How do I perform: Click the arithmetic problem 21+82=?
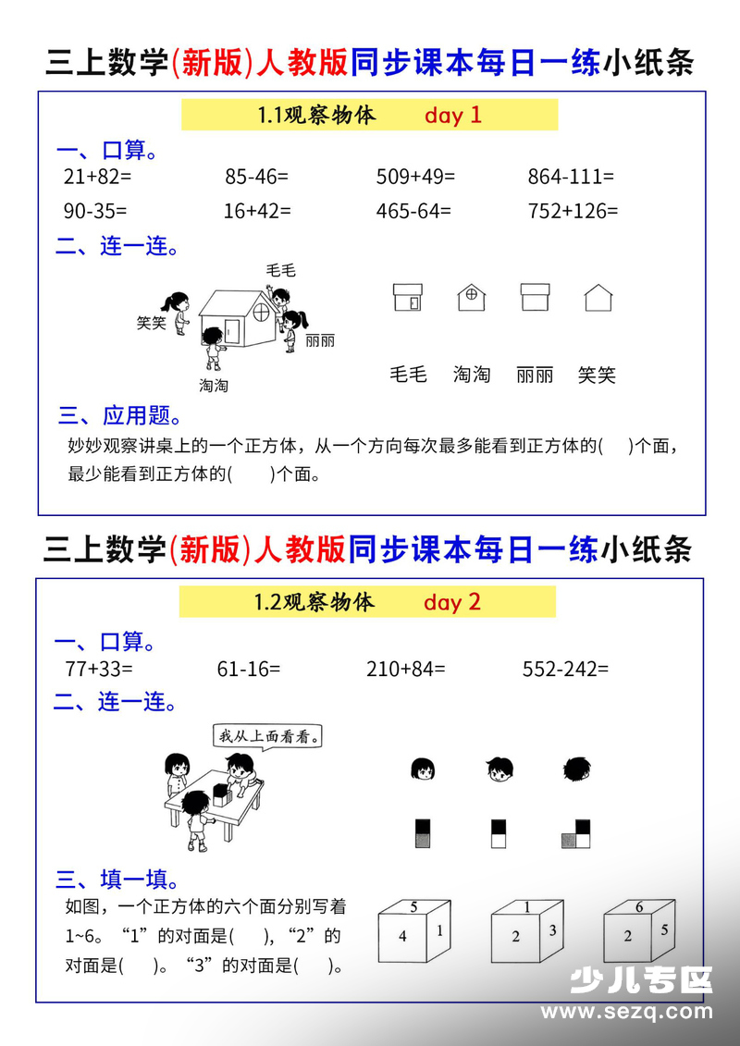pyautogui.click(x=98, y=176)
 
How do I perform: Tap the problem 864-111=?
pyautogui.click(x=571, y=176)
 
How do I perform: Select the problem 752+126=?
pyautogui.click(x=573, y=211)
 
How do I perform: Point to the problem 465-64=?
pyautogui.click(x=413, y=211)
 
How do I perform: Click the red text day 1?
pyautogui.click(x=453, y=116)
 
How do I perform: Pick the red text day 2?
pyautogui.click(x=452, y=602)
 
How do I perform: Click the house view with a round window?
pyautogui.click(x=471, y=297)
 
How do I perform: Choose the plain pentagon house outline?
pyautogui.click(x=598, y=297)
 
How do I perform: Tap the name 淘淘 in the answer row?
pyautogui.click(x=472, y=375)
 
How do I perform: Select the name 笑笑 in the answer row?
pyautogui.click(x=597, y=375)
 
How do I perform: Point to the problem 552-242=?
pyautogui.click(x=565, y=669)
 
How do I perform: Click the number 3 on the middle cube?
pyautogui.click(x=552, y=930)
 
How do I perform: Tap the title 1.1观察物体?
pyautogui.click(x=317, y=116)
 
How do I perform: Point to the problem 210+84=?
pyautogui.click(x=406, y=669)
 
